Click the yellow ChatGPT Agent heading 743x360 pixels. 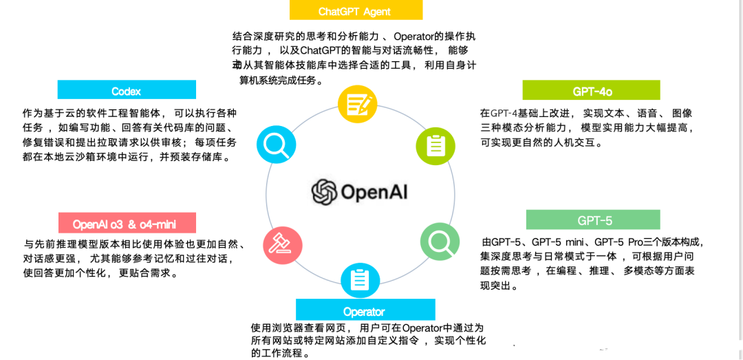tap(355, 11)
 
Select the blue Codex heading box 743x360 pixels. tap(127, 91)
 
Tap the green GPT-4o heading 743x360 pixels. tap(591, 91)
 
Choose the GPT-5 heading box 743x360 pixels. tap(593, 220)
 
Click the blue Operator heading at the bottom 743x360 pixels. tap(365, 311)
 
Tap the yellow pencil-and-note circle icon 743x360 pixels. tap(358, 105)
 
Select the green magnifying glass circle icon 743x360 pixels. tap(440, 241)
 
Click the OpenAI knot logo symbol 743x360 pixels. tap(324, 192)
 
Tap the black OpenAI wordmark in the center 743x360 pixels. tap(374, 192)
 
